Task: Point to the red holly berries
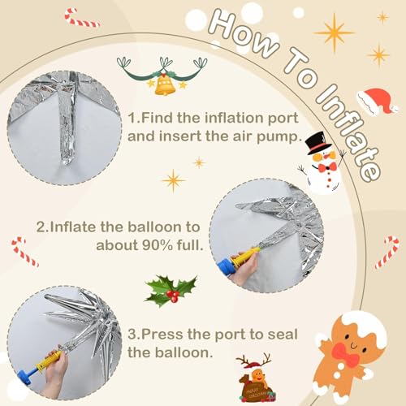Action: pyautogui.click(x=172, y=297)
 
